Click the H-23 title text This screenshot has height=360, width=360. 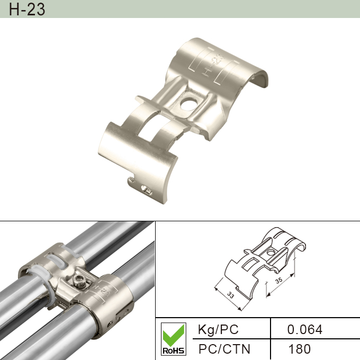tap(27, 9)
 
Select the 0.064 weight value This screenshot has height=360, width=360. tap(304, 330)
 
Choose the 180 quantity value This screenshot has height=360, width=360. tap(299, 349)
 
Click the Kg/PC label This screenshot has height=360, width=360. tap(218, 330)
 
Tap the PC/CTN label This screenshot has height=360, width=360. tap(224, 349)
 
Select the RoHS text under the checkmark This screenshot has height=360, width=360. tap(173, 351)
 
